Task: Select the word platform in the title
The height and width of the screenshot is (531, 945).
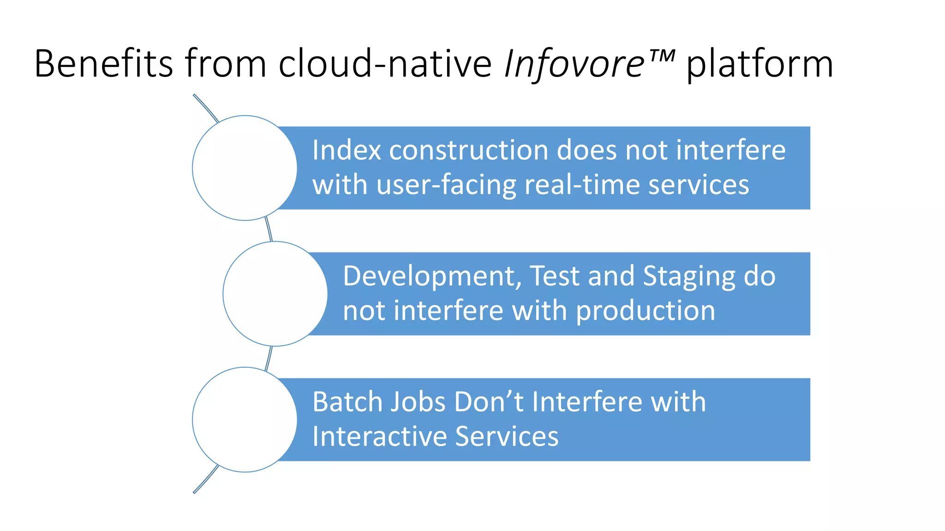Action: click(x=760, y=65)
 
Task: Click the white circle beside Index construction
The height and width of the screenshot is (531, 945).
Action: click(x=245, y=168)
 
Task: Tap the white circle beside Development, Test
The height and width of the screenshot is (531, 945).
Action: click(x=275, y=294)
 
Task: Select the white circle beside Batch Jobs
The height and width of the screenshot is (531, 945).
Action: click(x=245, y=419)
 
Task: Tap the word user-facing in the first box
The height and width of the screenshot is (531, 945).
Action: click(x=446, y=185)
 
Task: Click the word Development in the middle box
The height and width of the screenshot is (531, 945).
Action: click(x=432, y=276)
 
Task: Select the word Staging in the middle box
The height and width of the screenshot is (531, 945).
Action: click(x=688, y=276)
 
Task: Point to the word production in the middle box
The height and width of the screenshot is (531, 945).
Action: click(x=646, y=311)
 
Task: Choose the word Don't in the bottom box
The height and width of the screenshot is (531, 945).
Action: click(x=489, y=401)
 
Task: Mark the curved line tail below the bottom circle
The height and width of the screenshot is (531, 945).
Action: click(x=205, y=480)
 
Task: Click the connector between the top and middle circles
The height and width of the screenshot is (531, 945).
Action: click(x=269, y=230)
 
